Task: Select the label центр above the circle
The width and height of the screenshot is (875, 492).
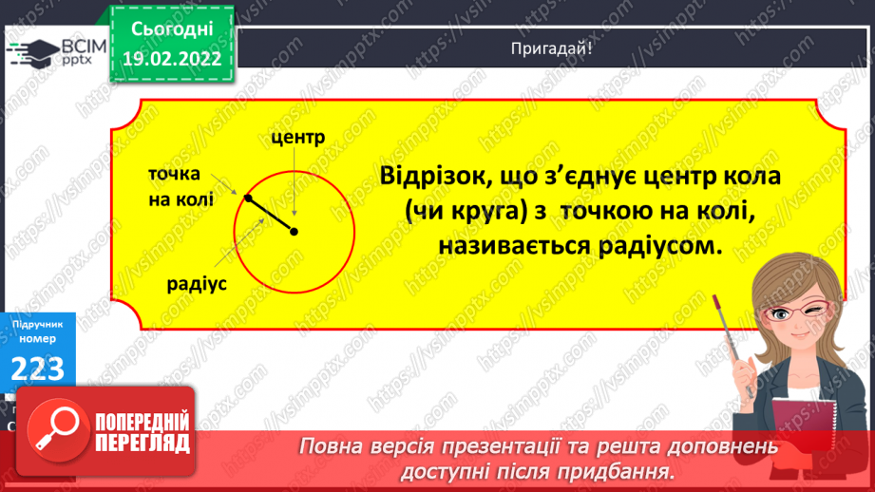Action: point(297,137)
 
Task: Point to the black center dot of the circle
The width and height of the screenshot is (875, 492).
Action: point(295,232)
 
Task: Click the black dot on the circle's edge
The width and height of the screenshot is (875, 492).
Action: point(248,199)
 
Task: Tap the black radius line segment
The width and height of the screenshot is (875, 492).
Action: point(272,216)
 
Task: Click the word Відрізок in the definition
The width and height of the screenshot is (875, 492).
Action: point(431,178)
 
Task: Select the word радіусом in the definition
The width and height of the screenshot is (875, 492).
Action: point(655,246)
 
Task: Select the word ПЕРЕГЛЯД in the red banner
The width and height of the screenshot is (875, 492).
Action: point(144,444)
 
